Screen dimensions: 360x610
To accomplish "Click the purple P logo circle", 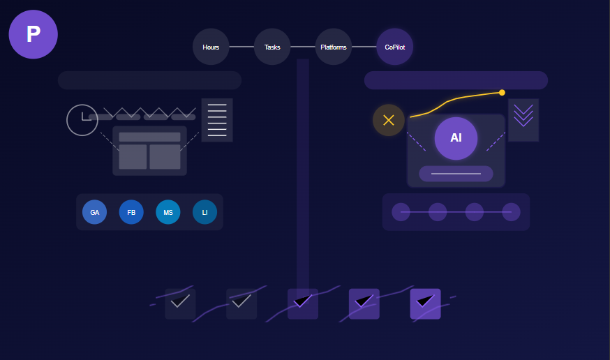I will click(x=33, y=34).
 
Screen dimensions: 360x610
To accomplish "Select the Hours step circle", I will click(x=211, y=47).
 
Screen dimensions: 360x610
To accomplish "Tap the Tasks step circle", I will click(x=272, y=47).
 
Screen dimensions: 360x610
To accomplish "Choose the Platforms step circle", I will click(x=334, y=47).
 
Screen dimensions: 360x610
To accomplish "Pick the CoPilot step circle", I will click(x=394, y=47).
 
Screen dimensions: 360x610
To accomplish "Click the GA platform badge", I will click(x=94, y=212).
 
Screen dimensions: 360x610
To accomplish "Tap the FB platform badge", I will click(x=131, y=212).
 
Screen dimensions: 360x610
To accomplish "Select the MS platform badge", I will click(x=168, y=212).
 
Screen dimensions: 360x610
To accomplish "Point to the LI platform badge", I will click(x=204, y=212).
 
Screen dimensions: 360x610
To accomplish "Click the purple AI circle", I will click(x=456, y=138).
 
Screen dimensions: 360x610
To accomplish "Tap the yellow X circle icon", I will click(x=389, y=120).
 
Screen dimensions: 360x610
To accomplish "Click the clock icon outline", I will click(x=82, y=120).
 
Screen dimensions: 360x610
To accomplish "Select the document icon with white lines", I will click(x=217, y=120).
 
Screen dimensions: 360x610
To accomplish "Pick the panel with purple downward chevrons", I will click(x=523, y=120).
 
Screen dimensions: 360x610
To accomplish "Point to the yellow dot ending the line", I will click(x=502, y=92).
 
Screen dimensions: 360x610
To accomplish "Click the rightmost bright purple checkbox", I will click(x=425, y=303).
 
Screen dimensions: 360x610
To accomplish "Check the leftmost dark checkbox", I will click(x=180, y=303).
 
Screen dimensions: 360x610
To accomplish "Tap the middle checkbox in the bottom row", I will click(x=303, y=303).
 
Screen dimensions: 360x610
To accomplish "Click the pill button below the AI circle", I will click(x=456, y=174).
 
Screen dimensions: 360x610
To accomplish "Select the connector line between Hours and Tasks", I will click(x=241, y=47).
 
